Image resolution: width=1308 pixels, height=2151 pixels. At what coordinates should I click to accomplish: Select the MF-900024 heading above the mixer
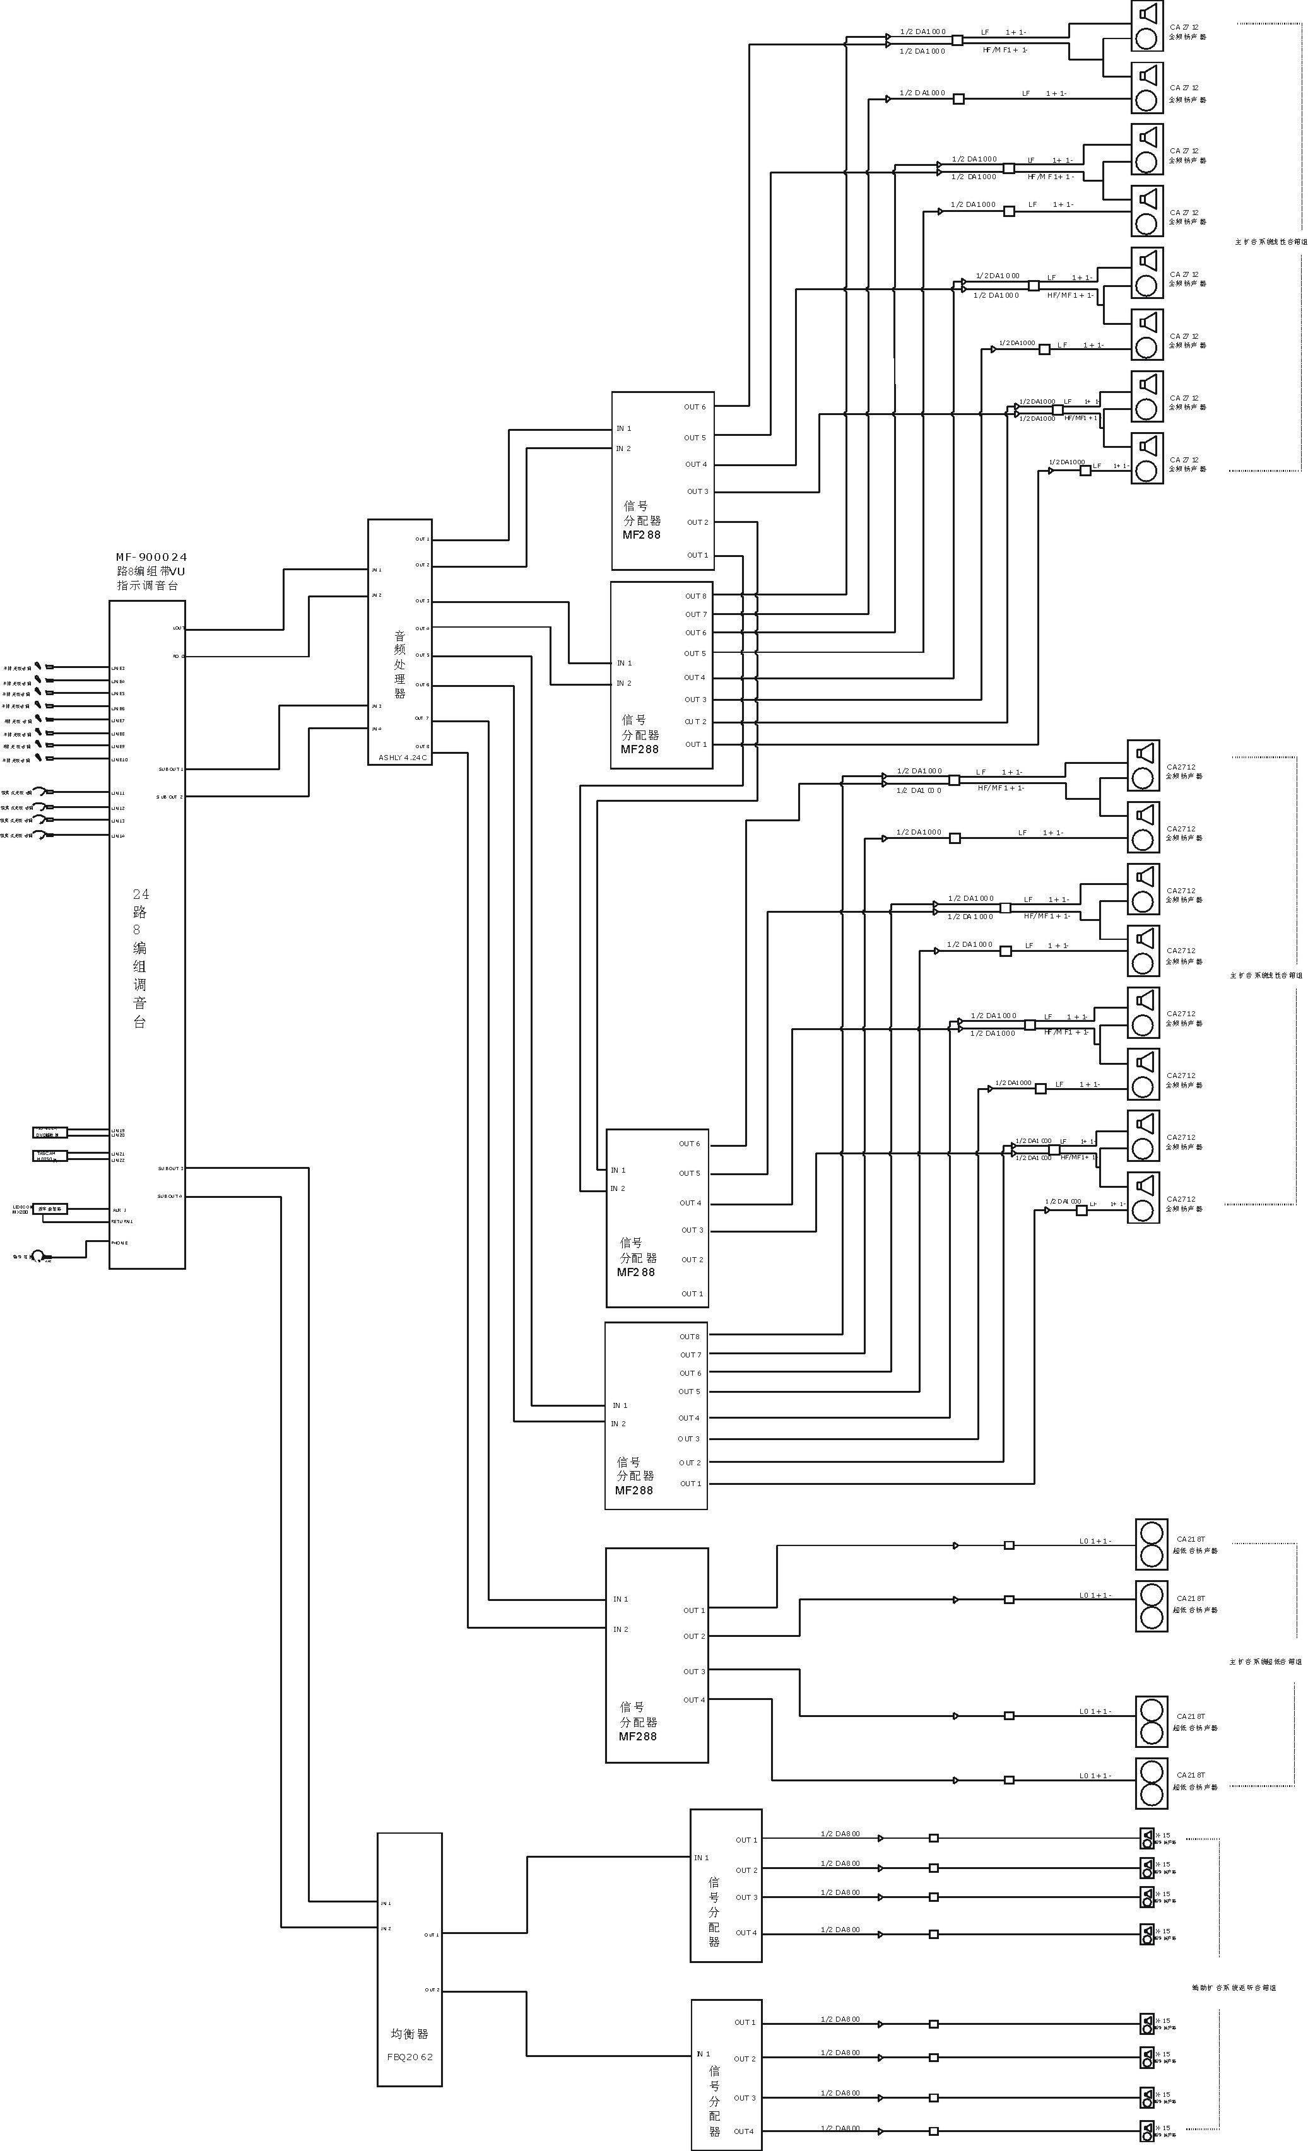[x=151, y=557]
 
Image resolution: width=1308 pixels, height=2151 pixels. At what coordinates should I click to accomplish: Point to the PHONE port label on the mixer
[x=120, y=1242]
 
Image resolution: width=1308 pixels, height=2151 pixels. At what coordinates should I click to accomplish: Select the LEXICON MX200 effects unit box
[x=50, y=1209]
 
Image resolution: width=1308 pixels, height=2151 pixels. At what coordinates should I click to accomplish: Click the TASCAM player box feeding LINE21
[x=50, y=1155]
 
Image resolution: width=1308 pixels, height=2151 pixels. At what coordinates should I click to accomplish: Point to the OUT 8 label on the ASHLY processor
[x=421, y=746]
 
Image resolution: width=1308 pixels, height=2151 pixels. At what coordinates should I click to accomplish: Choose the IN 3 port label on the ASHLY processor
[x=376, y=705]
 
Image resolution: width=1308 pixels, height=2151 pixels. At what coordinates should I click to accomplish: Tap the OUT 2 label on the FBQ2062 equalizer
[x=432, y=1990]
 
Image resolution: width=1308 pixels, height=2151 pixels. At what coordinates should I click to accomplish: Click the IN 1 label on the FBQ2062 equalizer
[x=386, y=1903]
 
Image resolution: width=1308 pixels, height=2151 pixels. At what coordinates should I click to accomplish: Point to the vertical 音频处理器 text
[x=400, y=665]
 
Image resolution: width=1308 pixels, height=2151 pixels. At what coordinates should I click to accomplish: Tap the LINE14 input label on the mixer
[x=118, y=836]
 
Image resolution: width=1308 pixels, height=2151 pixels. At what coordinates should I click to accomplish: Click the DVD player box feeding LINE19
[x=50, y=1133]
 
